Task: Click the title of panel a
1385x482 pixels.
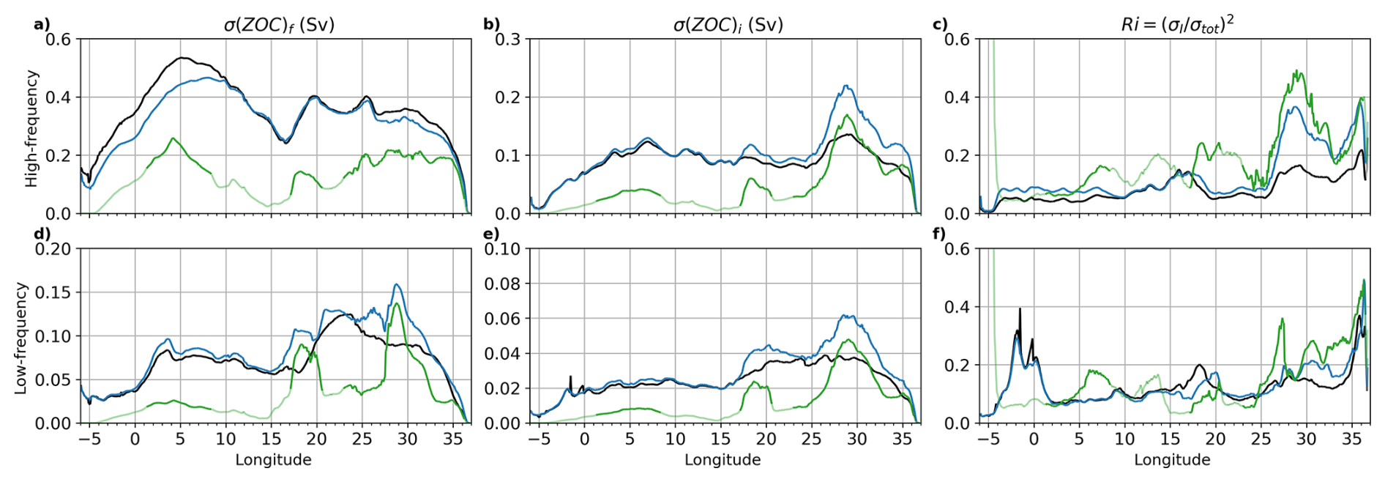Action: pyautogui.click(x=279, y=24)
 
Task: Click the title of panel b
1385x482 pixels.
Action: pyautogui.click(x=728, y=24)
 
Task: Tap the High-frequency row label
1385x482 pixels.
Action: pyautogui.click(x=31, y=128)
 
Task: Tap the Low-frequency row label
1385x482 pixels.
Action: pyautogui.click(x=20, y=338)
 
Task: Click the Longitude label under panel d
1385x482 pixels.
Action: pyautogui.click(x=273, y=460)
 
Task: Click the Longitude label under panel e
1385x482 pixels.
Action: pyautogui.click(x=723, y=460)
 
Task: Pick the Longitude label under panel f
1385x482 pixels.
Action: pyautogui.click(x=1172, y=460)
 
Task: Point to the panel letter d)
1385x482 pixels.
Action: pyautogui.click(x=42, y=234)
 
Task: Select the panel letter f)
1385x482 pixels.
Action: pyautogui.click(x=940, y=234)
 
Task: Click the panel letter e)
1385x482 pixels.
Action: pyautogui.click(x=491, y=234)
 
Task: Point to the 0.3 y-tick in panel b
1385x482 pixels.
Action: pyautogui.click(x=507, y=39)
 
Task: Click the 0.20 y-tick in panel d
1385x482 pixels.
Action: pyautogui.click(x=53, y=249)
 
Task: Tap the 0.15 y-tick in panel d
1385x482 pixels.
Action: pyautogui.click(x=53, y=292)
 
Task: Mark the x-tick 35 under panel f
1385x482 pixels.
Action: pyautogui.click(x=1351, y=440)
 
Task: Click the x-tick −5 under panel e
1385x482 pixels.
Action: pyautogui.click(x=539, y=440)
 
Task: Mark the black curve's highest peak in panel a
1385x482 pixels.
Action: pyautogui.click(x=182, y=57)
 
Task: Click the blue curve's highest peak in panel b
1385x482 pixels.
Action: pyautogui.click(x=845, y=86)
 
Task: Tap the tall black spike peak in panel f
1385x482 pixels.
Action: pyautogui.click(x=1020, y=309)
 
